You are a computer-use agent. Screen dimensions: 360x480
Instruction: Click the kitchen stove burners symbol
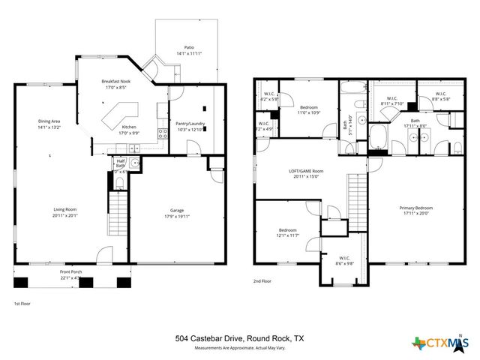[x=161, y=133]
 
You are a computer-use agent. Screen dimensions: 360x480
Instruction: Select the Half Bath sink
[x=134, y=163]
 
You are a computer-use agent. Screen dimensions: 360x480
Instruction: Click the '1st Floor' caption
[x=22, y=304]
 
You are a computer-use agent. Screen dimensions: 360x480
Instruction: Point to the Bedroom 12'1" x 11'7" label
[x=288, y=232]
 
